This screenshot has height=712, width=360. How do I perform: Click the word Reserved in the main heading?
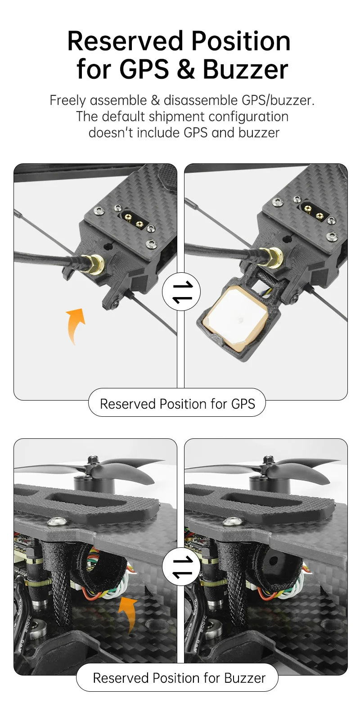coord(125,41)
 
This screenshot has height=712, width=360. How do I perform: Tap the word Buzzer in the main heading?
coord(245,69)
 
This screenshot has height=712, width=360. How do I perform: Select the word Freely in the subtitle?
coord(67,101)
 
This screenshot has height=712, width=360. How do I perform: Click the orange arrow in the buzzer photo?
coord(128,614)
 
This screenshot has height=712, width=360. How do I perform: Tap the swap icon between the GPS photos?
coord(181,292)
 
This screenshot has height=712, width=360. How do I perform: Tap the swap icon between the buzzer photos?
coord(181,567)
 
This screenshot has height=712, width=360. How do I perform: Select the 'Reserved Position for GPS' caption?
coord(177,404)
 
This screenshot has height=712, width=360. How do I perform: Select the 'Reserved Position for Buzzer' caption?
coord(177,678)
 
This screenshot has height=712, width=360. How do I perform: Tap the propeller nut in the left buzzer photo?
coord(93,460)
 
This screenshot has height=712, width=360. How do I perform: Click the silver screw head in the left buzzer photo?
coord(58,521)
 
